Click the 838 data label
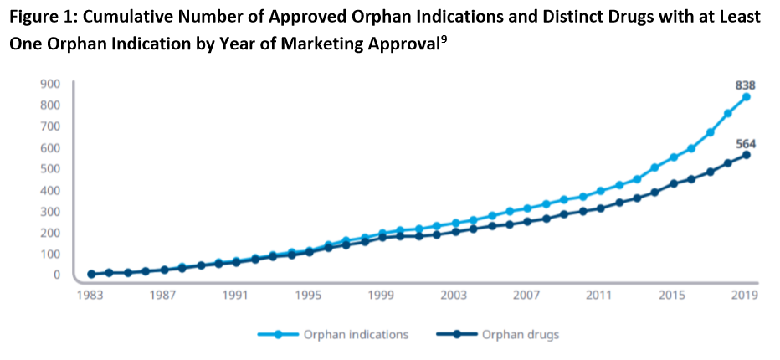pos(745,84)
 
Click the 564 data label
pos(745,143)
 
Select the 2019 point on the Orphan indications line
pos(746,97)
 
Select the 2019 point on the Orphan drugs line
pos(746,155)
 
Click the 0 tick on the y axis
pos(57,275)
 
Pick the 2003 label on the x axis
pos(454,296)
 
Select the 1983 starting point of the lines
pos(90,274)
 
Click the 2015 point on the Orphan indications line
pos(673,157)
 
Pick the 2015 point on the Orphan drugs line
pos(673,183)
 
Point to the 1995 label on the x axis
pos(309,296)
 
